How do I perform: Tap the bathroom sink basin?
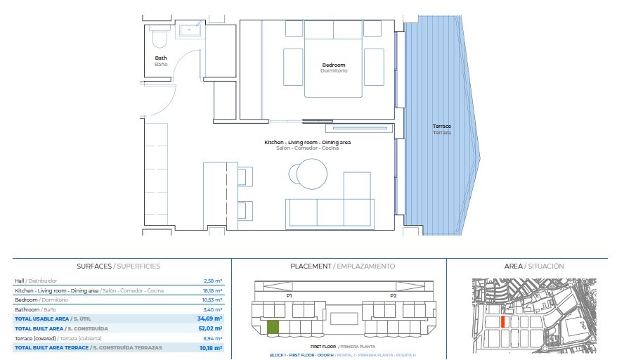click(x=190, y=30)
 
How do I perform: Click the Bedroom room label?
click(x=334, y=65)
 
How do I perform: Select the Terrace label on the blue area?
click(x=442, y=127)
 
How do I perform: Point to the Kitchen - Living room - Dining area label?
click(x=307, y=142)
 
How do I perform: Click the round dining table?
click(x=311, y=174)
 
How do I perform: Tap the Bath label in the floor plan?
click(x=161, y=58)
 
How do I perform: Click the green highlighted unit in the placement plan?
click(x=273, y=327)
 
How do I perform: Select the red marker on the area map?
click(x=503, y=322)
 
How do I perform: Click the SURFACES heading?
click(x=94, y=266)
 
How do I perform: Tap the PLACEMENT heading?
click(x=311, y=266)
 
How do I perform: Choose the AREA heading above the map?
click(x=514, y=266)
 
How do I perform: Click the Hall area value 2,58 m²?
click(x=213, y=281)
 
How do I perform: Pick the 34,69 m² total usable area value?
click(x=209, y=319)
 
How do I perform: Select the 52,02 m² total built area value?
click(x=210, y=328)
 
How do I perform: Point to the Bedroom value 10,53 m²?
click(x=212, y=300)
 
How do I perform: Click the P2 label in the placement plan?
click(x=394, y=295)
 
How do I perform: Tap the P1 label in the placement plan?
click(x=289, y=295)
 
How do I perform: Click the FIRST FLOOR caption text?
click(x=323, y=347)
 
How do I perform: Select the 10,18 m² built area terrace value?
click(x=211, y=347)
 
